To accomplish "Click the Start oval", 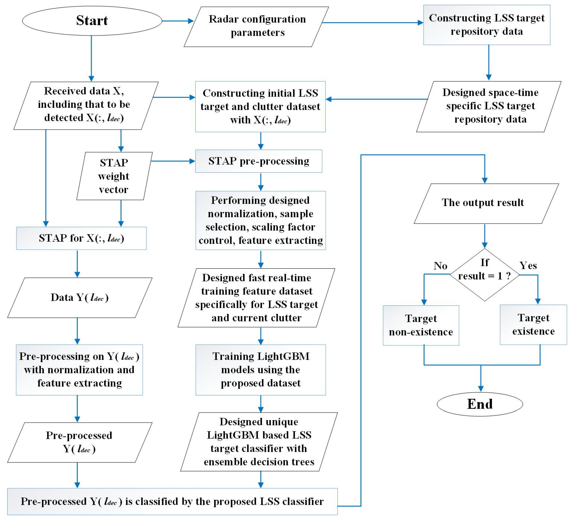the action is pyautogui.click(x=92, y=21).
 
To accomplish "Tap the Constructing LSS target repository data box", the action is pyautogui.click(x=487, y=25).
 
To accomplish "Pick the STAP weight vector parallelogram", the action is pyautogui.click(x=114, y=176).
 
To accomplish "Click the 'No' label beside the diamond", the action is pyautogui.click(x=440, y=266).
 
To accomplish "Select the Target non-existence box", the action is pyautogui.click(x=421, y=325).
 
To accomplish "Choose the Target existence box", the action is pyautogui.click(x=533, y=325).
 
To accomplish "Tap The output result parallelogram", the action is pyautogui.click(x=486, y=203).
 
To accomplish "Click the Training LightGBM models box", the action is pyautogui.click(x=261, y=370).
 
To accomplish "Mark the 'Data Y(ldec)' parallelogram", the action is pyautogui.click(x=80, y=298).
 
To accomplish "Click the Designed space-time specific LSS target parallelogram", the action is pyautogui.click(x=489, y=106).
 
